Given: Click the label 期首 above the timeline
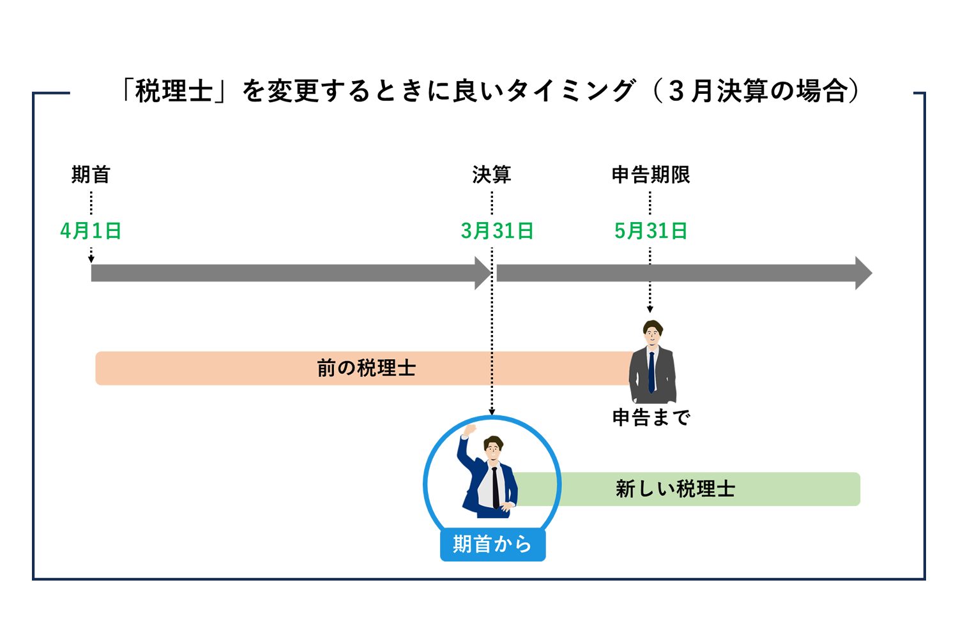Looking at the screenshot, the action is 91,174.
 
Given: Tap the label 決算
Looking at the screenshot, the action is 492,174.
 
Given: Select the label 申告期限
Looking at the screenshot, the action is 651,174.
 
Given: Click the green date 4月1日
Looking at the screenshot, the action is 91,231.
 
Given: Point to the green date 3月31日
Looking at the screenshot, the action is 497,231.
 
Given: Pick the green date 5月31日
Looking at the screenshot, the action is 651,231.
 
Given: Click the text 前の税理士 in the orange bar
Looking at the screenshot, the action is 367,368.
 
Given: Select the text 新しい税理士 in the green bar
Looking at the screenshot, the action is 676,489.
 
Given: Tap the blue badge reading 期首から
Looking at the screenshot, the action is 492,544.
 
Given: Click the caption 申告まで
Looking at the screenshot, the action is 651,417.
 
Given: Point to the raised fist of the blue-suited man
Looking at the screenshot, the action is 470,429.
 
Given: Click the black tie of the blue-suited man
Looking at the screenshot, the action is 495,487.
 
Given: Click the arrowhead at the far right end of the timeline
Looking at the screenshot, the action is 863,273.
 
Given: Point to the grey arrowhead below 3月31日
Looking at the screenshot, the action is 482,273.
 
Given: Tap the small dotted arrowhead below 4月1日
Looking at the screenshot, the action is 91,259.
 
